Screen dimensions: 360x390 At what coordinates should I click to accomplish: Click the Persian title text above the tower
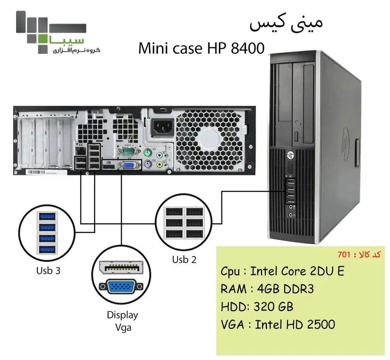click(x=286, y=24)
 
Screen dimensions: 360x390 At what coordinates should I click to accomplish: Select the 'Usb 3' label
click(x=48, y=270)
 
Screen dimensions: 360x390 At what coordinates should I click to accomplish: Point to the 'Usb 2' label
click(x=184, y=259)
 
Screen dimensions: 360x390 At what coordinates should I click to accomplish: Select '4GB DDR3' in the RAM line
click(x=282, y=289)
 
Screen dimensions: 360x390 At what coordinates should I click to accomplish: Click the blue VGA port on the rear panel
click(x=129, y=165)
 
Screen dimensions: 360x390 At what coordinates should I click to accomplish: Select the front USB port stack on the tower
click(x=291, y=191)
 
